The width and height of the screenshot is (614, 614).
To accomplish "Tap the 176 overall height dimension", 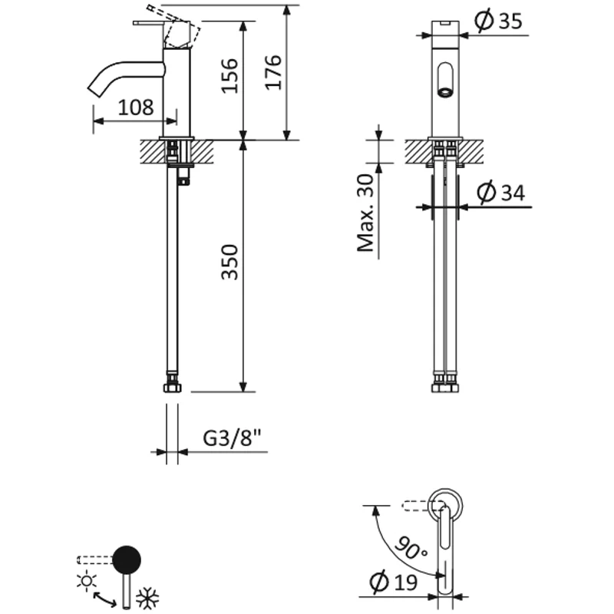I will click(274, 72).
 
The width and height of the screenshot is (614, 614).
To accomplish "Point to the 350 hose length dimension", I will click(230, 262).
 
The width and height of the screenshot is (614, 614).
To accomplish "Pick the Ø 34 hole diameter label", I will click(500, 193).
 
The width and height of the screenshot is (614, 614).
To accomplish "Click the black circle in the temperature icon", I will click(127, 560).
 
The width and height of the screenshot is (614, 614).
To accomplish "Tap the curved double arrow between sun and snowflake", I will click(105, 597).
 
